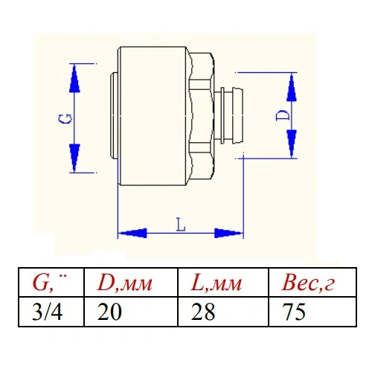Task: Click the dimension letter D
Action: (x=283, y=115)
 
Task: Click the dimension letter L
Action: (x=181, y=225)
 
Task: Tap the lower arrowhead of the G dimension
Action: (x=74, y=158)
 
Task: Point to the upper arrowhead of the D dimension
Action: (x=292, y=87)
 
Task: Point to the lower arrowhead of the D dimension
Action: (x=292, y=144)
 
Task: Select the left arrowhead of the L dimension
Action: (x=132, y=233)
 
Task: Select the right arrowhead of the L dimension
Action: (x=228, y=233)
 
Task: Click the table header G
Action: (x=50, y=283)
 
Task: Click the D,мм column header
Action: (x=125, y=283)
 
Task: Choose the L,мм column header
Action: (x=217, y=283)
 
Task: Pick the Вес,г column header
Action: (x=308, y=283)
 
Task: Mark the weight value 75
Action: (x=294, y=312)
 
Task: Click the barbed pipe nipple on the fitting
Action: (x=229, y=115)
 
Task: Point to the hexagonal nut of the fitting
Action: (x=201, y=115)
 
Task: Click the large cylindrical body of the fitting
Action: (x=152, y=116)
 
